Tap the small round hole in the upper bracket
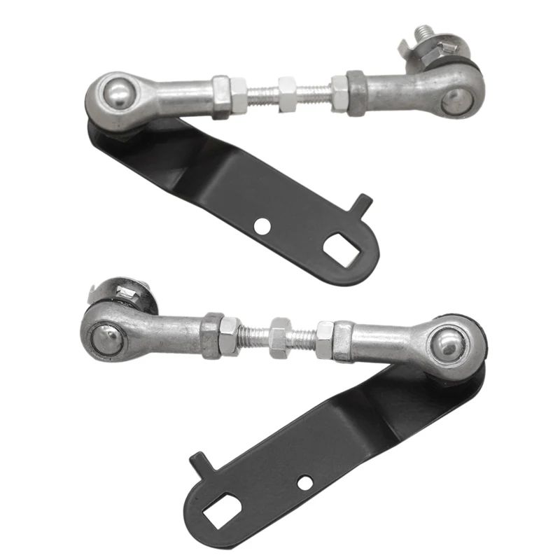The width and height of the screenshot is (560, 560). (261, 225)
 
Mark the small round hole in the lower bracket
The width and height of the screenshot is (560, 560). (303, 482)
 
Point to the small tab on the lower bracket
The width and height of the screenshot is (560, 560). (200, 461)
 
